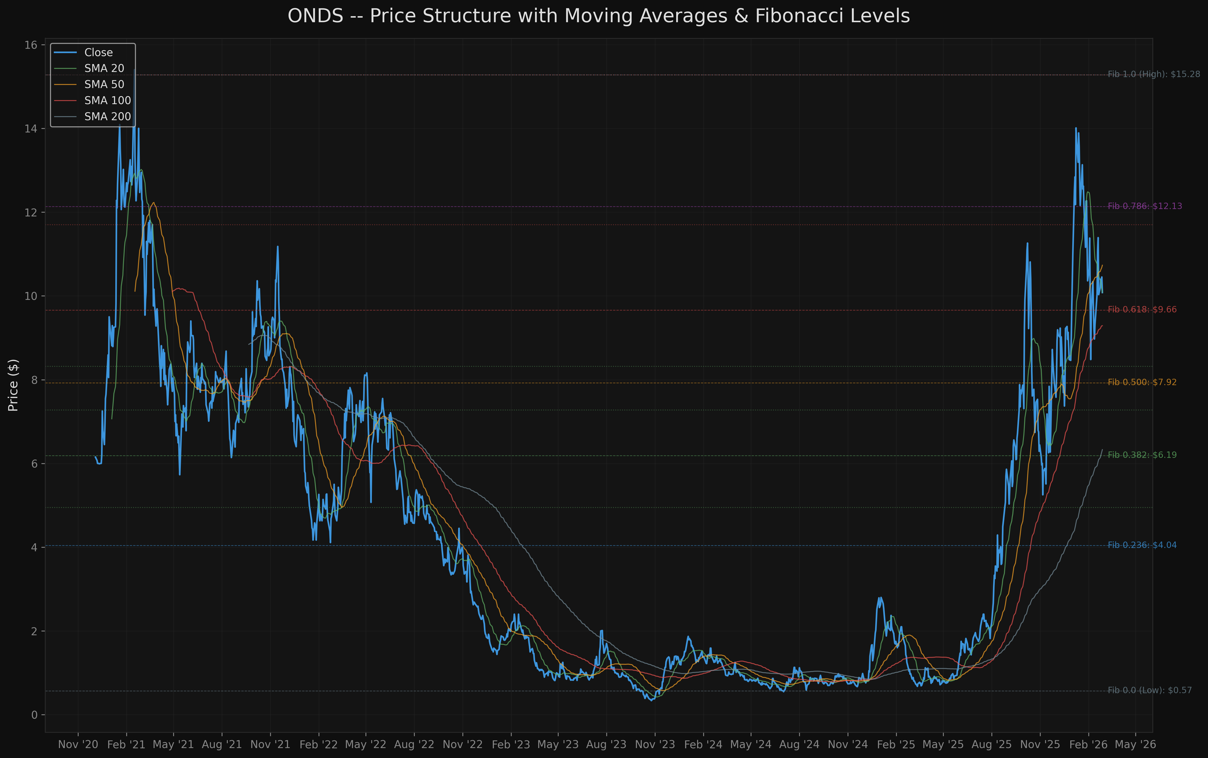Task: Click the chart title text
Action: pyautogui.click(x=598, y=16)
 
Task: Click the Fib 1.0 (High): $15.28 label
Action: pyautogui.click(x=1153, y=74)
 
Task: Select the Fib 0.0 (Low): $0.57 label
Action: pyautogui.click(x=1149, y=690)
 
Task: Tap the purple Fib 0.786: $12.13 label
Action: pyautogui.click(x=1144, y=206)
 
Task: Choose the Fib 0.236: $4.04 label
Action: pyautogui.click(x=1142, y=545)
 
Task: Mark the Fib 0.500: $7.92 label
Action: pyautogui.click(x=1142, y=382)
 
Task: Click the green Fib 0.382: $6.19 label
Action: pyautogui.click(x=1142, y=455)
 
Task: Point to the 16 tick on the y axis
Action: pyautogui.click(x=31, y=45)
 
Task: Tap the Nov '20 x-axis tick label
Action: pyautogui.click(x=78, y=744)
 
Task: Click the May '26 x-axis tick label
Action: pyautogui.click(x=1135, y=744)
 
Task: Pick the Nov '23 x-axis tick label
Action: pyautogui.click(x=655, y=744)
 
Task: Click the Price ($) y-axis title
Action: pyautogui.click(x=14, y=385)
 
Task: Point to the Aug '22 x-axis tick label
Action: pyautogui.click(x=414, y=744)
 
